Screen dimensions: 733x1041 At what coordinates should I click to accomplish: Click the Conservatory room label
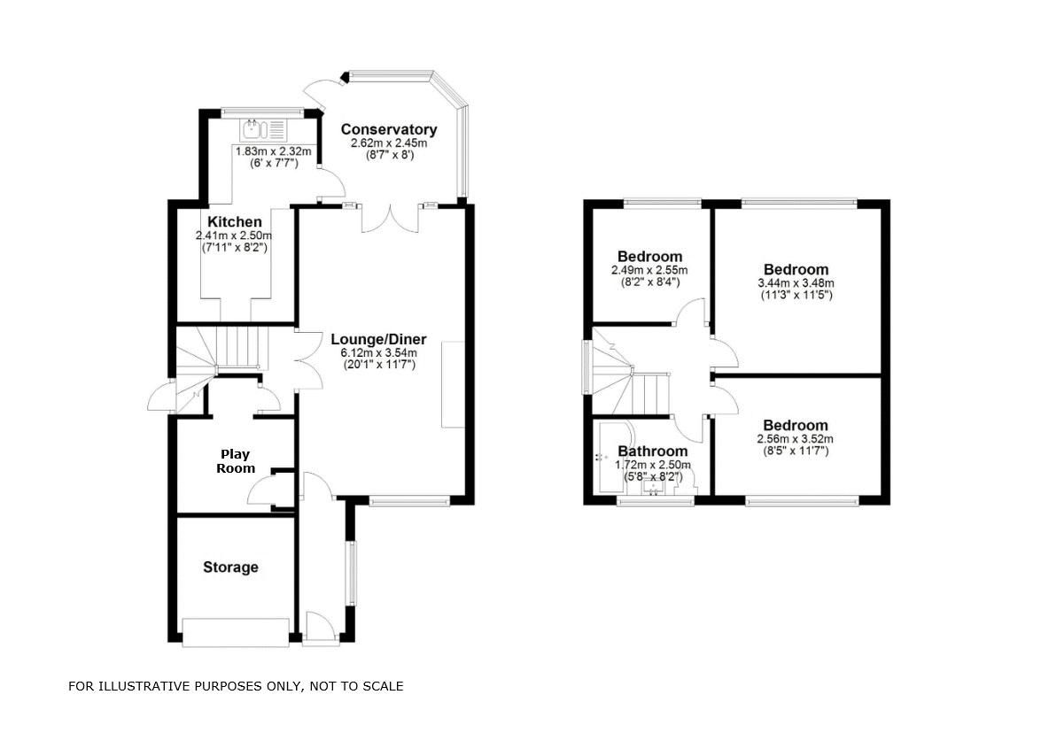tap(389, 130)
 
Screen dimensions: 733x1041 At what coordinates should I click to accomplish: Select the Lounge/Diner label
tap(378, 339)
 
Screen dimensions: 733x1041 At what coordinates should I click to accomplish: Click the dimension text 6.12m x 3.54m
tap(378, 352)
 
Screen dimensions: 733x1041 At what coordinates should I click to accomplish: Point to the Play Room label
tap(237, 461)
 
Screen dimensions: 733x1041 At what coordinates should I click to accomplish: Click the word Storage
tap(230, 567)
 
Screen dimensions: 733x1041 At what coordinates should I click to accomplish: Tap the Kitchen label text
tap(235, 222)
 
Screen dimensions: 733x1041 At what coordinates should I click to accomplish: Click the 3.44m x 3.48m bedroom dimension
tap(796, 283)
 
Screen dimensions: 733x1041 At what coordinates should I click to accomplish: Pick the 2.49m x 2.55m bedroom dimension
tap(649, 270)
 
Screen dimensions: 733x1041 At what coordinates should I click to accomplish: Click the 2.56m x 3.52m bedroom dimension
tap(796, 438)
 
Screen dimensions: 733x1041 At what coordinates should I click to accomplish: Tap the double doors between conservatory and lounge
tap(390, 218)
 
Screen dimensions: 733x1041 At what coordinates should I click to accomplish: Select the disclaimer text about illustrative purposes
tap(236, 686)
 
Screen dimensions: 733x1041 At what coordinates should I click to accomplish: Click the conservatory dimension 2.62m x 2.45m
tap(389, 143)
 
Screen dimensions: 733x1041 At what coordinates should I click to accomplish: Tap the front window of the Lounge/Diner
tap(408, 501)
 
